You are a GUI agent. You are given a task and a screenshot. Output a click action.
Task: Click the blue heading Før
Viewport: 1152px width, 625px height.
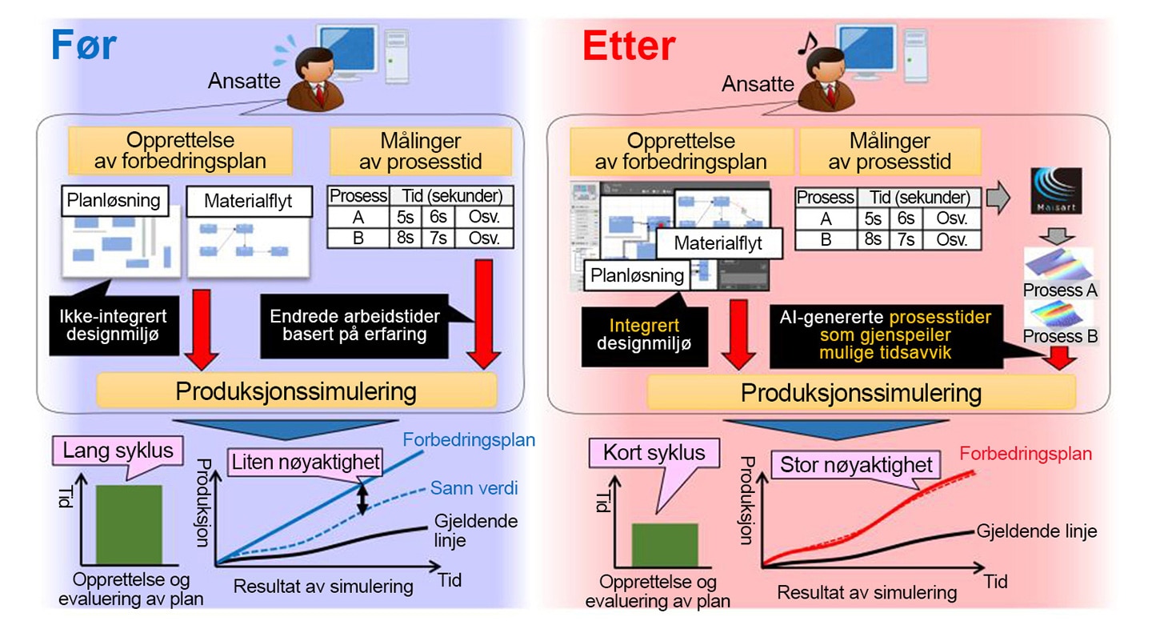[84, 45]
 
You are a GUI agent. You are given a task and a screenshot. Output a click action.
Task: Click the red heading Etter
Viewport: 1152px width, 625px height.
[629, 46]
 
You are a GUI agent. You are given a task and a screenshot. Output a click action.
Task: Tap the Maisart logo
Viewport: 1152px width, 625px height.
[1056, 190]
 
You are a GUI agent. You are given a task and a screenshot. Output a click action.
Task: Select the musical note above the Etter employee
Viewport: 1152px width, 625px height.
[807, 44]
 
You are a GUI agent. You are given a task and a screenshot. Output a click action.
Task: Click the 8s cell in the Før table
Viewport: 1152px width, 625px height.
[406, 238]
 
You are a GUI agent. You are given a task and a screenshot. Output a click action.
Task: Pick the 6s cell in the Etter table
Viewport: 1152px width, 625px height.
[906, 218]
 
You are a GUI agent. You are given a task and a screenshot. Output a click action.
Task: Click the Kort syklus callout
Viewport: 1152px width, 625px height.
[654, 453]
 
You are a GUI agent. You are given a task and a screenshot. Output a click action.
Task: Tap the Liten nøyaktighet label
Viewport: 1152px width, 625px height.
[306, 462]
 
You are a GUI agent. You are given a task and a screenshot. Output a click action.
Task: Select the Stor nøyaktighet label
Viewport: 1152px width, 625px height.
[856, 465]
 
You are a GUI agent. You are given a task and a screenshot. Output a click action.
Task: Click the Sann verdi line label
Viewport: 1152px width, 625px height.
[474, 487]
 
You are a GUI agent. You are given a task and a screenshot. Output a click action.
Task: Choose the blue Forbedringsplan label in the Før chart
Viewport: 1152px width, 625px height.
[469, 440]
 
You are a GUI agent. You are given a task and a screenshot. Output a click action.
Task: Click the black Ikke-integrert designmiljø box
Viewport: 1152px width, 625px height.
[114, 325]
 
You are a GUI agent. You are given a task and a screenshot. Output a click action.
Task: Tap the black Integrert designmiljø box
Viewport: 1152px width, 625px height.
[644, 335]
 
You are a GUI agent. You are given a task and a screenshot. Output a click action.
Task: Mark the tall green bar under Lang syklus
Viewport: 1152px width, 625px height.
[129, 525]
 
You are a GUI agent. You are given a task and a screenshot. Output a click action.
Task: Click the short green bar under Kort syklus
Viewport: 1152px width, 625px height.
[665, 545]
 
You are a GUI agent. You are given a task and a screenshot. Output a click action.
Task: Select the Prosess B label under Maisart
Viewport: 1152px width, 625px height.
[1060, 336]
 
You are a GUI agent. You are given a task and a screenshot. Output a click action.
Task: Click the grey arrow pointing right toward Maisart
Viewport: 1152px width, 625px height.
[998, 197]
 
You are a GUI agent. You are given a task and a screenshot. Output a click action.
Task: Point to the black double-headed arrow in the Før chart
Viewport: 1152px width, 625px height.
[362, 499]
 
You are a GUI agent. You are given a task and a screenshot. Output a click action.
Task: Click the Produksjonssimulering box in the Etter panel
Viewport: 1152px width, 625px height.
[861, 392]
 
